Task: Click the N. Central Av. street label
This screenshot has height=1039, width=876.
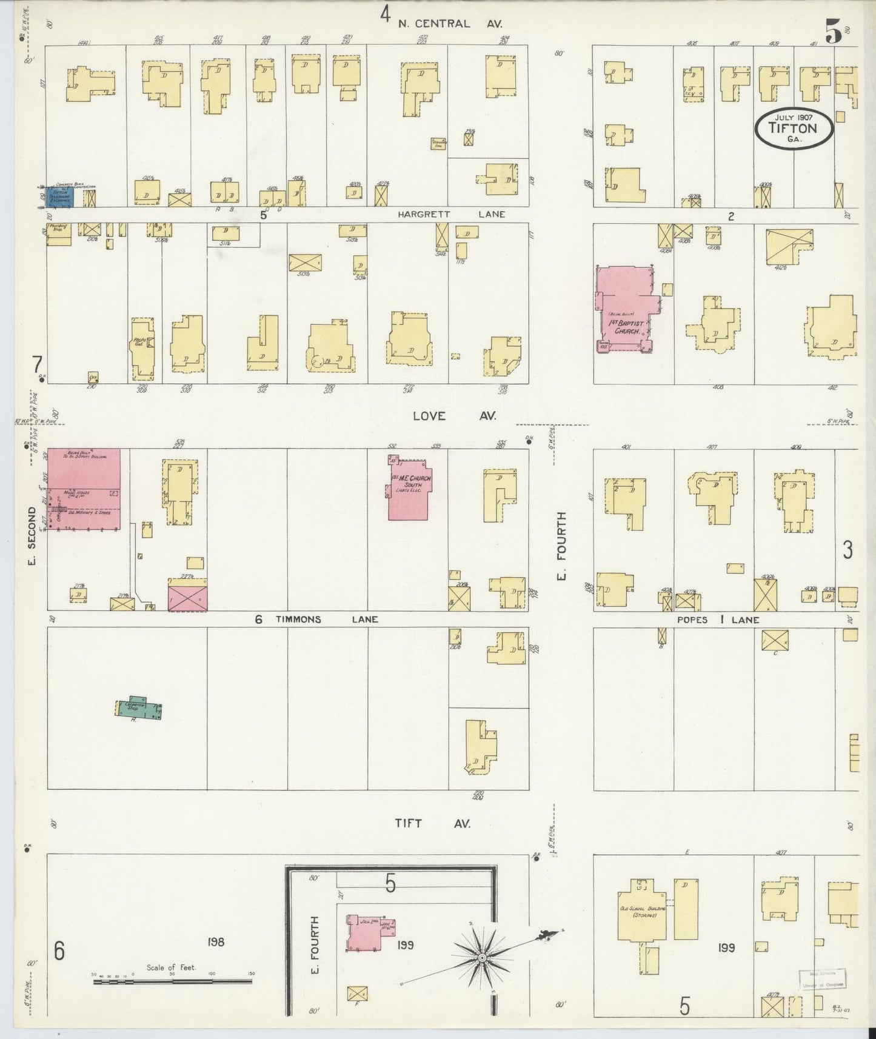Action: pyautogui.click(x=450, y=24)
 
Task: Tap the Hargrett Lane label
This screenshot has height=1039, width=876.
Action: pyautogui.click(x=451, y=215)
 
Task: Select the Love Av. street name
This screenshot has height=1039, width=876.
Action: pyautogui.click(x=454, y=416)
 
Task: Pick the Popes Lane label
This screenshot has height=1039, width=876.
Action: pyautogui.click(x=718, y=620)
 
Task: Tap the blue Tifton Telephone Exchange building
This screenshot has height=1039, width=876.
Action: pyautogui.click(x=60, y=196)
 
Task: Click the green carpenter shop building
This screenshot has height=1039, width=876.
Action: pyautogui.click(x=139, y=707)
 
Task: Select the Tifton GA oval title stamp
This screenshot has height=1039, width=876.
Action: pyautogui.click(x=793, y=128)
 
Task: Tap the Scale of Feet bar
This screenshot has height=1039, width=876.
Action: pyautogui.click(x=173, y=980)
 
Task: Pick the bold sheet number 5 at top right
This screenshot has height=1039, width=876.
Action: pyautogui.click(x=833, y=32)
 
